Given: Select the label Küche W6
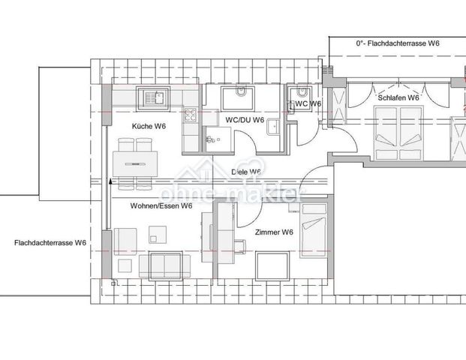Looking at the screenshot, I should point(149,126).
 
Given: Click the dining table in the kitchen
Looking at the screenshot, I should point(136,161).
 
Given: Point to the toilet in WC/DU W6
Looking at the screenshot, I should point(240,93).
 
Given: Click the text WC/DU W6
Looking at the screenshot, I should point(244,120).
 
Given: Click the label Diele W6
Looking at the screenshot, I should point(246,172).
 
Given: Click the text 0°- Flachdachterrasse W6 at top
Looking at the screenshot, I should point(397,44).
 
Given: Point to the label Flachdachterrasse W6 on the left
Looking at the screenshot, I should point(50,243).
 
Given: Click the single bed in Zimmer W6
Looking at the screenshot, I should point(313,229).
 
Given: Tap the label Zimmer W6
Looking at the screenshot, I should point(273,232).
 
